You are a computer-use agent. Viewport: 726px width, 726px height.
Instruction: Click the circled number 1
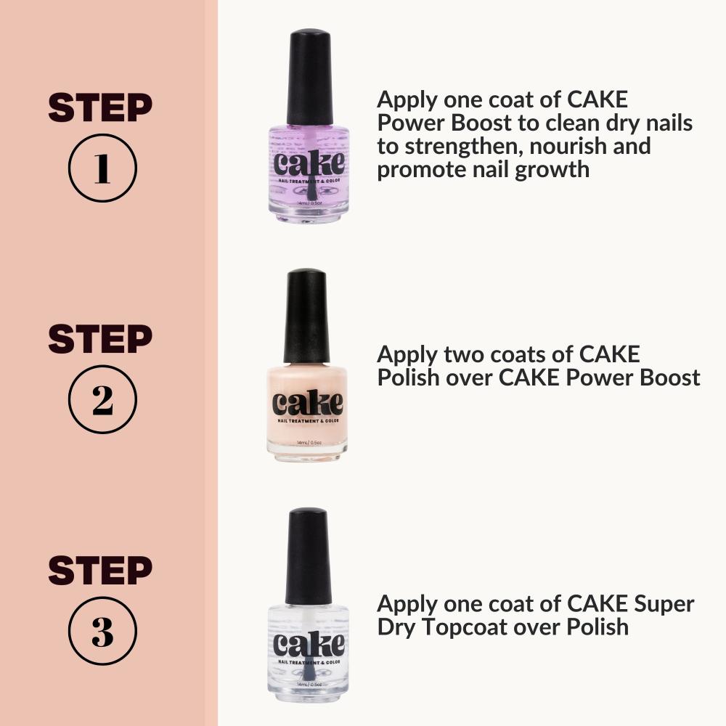click(x=102, y=168)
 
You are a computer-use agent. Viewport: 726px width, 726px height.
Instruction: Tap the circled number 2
click(x=102, y=399)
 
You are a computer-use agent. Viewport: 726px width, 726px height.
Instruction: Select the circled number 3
click(x=102, y=631)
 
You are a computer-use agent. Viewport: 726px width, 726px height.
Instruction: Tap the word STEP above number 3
click(x=100, y=571)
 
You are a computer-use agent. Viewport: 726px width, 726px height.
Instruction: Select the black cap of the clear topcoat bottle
click(x=309, y=555)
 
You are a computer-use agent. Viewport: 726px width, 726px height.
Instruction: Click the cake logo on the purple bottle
click(x=309, y=163)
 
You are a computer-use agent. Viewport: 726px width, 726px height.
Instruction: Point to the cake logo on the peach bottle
click(x=307, y=403)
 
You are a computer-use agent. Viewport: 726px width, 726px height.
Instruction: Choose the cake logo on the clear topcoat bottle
click(x=309, y=645)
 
